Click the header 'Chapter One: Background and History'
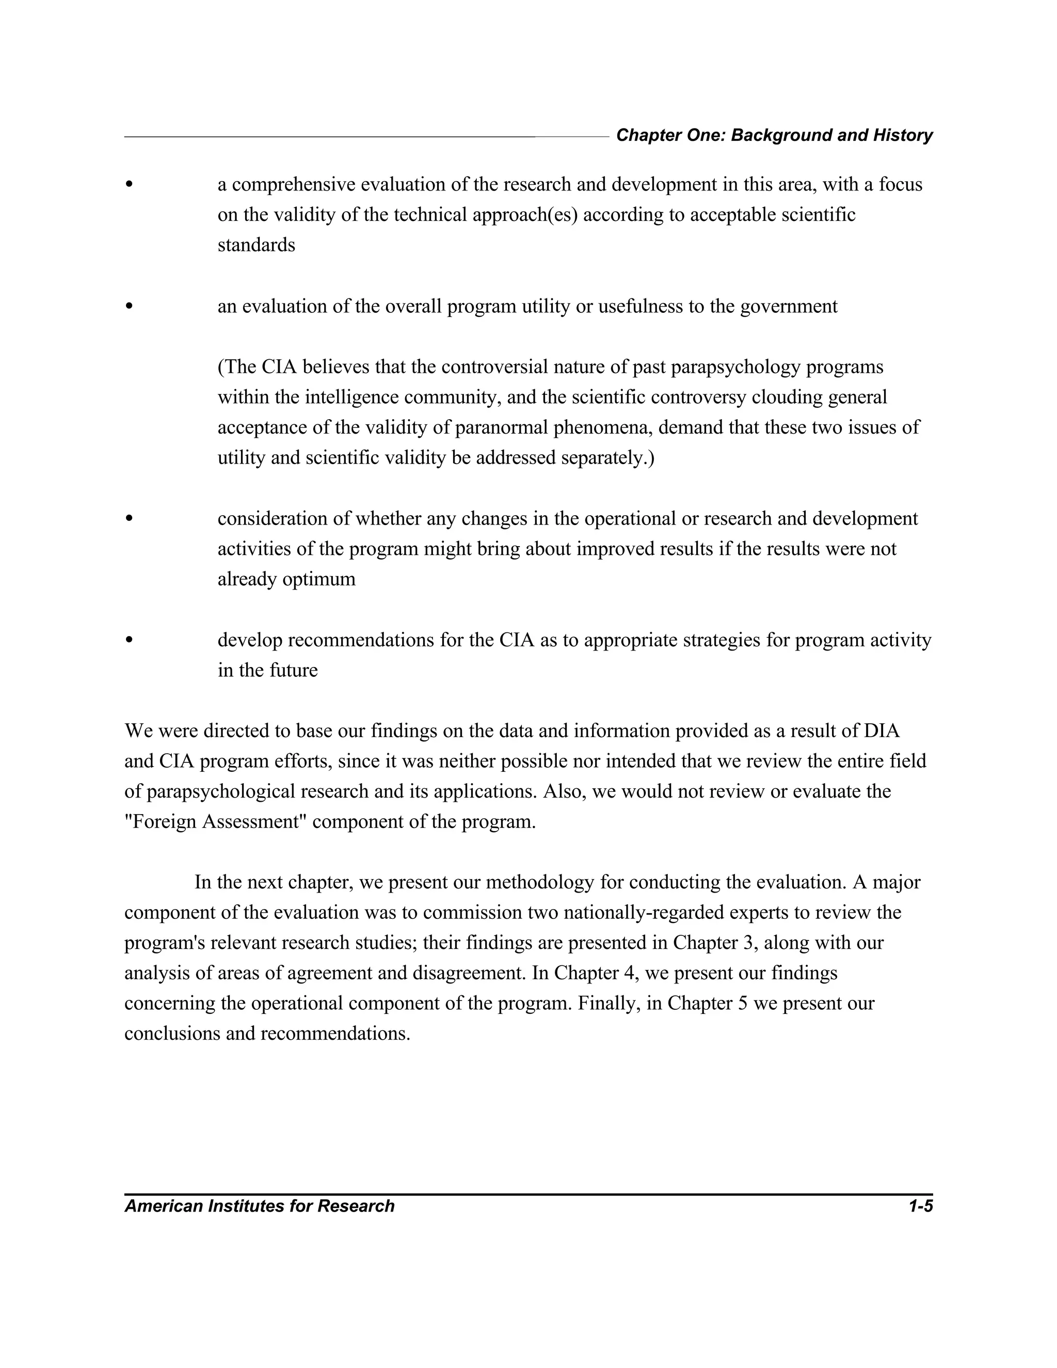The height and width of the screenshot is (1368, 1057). click(x=774, y=135)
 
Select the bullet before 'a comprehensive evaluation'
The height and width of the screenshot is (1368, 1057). click(x=130, y=185)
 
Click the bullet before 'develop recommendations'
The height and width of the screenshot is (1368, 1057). click(x=130, y=640)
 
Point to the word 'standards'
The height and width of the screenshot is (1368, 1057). click(x=256, y=245)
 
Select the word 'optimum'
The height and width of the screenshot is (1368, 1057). click(x=319, y=579)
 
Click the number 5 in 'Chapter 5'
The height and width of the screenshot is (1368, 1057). click(x=744, y=1003)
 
